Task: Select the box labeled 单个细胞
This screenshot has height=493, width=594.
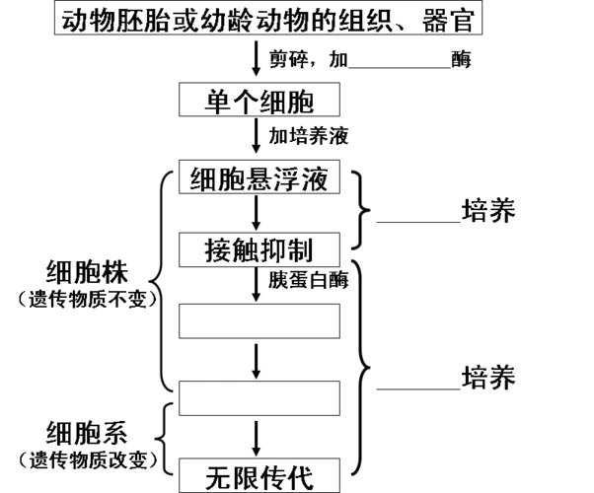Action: [x=259, y=100]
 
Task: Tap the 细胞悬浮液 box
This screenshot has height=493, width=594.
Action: [x=259, y=179]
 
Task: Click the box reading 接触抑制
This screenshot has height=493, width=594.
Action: [x=259, y=248]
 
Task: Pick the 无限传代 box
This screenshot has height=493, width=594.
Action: [x=259, y=477]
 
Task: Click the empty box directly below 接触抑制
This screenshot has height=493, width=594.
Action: [x=259, y=320]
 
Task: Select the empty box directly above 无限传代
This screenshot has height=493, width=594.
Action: [x=259, y=397]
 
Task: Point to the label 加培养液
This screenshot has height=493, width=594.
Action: [x=309, y=133]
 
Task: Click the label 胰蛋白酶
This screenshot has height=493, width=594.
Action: [x=309, y=279]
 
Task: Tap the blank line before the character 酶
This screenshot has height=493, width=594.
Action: [x=400, y=61]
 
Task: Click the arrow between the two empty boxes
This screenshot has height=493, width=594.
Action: [x=258, y=360]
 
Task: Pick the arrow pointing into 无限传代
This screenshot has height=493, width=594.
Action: [x=258, y=438]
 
